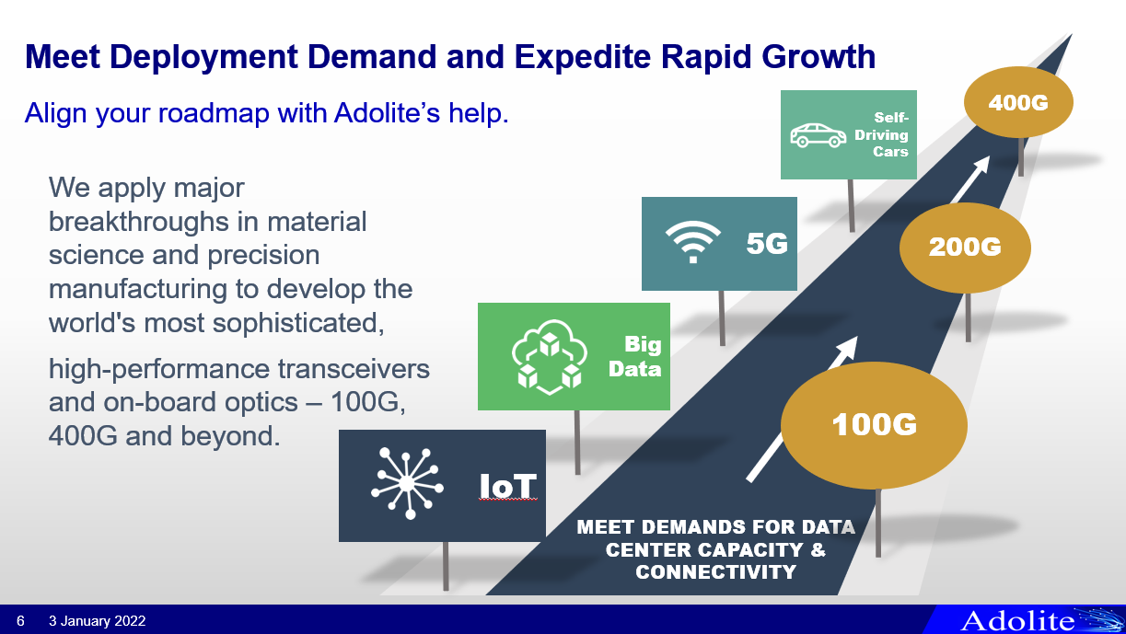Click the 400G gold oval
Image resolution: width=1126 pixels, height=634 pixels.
[1018, 102]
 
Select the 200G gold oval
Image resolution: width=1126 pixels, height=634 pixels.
[965, 248]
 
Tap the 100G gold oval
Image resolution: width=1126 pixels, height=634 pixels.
[874, 425]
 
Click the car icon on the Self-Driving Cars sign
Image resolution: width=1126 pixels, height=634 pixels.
[818, 135]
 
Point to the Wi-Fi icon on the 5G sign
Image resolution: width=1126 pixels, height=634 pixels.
[693, 242]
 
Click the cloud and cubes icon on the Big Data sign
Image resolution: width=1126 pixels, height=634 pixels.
[550, 357]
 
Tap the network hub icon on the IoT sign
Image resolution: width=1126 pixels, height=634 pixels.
[407, 483]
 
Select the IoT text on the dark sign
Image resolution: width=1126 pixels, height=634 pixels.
[507, 486]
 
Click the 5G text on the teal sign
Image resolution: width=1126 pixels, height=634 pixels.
[767, 244]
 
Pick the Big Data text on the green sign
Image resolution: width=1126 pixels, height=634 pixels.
[635, 357]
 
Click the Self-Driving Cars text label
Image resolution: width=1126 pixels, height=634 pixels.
[882, 134]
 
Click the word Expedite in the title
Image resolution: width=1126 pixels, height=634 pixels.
[583, 56]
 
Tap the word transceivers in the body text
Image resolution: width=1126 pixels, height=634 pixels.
[354, 369]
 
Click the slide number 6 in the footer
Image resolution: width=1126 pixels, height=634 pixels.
[20, 621]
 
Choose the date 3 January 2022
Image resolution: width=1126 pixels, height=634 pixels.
[97, 621]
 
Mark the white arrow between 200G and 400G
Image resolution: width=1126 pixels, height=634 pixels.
[970, 179]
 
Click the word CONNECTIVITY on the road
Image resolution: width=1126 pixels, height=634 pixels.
[715, 572]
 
